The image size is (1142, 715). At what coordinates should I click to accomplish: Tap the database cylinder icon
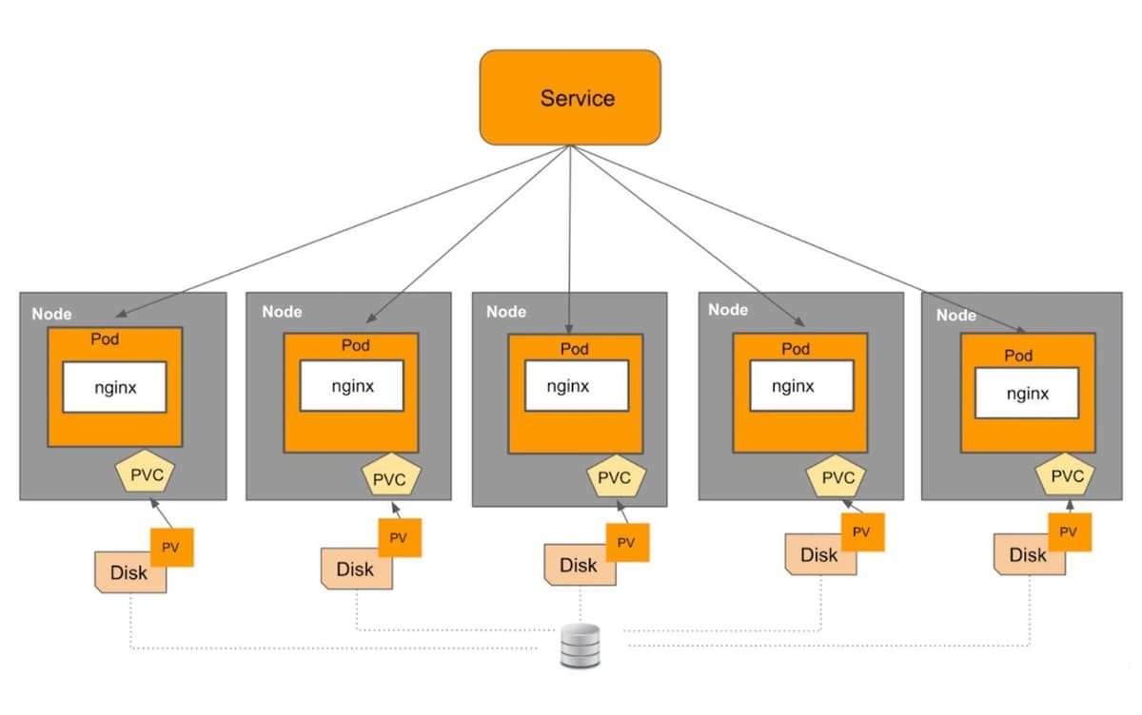(x=580, y=646)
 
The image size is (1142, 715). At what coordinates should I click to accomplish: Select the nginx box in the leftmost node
(x=115, y=387)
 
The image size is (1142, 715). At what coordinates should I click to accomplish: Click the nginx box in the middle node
(x=568, y=386)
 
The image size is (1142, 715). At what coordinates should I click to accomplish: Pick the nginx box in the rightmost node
(x=1027, y=393)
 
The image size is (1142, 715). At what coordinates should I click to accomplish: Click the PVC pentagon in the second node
(x=389, y=479)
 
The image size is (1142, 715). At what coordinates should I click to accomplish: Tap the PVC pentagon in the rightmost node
(x=1066, y=476)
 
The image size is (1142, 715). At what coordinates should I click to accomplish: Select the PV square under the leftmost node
(x=171, y=547)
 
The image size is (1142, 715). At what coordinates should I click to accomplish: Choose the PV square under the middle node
(x=626, y=542)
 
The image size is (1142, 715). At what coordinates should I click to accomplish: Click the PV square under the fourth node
(x=861, y=531)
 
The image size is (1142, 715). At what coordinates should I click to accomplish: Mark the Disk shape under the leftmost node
(x=126, y=573)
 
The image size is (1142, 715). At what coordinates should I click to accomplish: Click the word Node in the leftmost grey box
(x=51, y=314)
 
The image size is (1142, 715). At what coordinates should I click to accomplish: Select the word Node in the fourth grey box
(x=728, y=309)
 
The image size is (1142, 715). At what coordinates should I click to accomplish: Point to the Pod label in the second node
(x=356, y=345)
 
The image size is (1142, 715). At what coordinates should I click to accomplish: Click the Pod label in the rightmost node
(x=1018, y=356)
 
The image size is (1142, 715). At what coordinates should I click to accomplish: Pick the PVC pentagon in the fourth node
(x=838, y=477)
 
